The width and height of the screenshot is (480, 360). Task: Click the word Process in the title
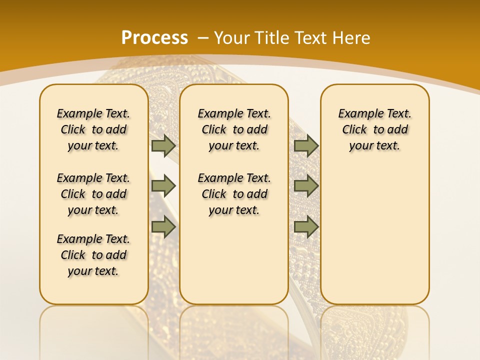[154, 37]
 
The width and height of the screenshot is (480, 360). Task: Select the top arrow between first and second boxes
[163, 146]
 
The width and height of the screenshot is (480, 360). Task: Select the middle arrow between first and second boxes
[163, 186]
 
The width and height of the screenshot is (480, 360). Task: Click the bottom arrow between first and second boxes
[163, 227]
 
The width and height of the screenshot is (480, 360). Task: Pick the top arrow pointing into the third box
[306, 146]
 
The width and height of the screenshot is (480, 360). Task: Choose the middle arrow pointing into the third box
[306, 186]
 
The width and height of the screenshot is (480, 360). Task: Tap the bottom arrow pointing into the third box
[306, 227]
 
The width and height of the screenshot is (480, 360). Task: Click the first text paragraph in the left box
[93, 129]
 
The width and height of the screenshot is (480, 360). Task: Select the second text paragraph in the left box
[93, 194]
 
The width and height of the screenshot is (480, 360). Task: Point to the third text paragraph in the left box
[93, 255]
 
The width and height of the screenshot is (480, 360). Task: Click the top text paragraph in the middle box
[234, 129]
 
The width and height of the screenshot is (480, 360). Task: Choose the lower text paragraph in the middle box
[234, 194]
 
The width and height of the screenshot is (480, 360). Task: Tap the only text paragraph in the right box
[374, 129]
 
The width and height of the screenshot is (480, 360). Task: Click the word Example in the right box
[357, 114]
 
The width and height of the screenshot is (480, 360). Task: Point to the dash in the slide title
[203, 37]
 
